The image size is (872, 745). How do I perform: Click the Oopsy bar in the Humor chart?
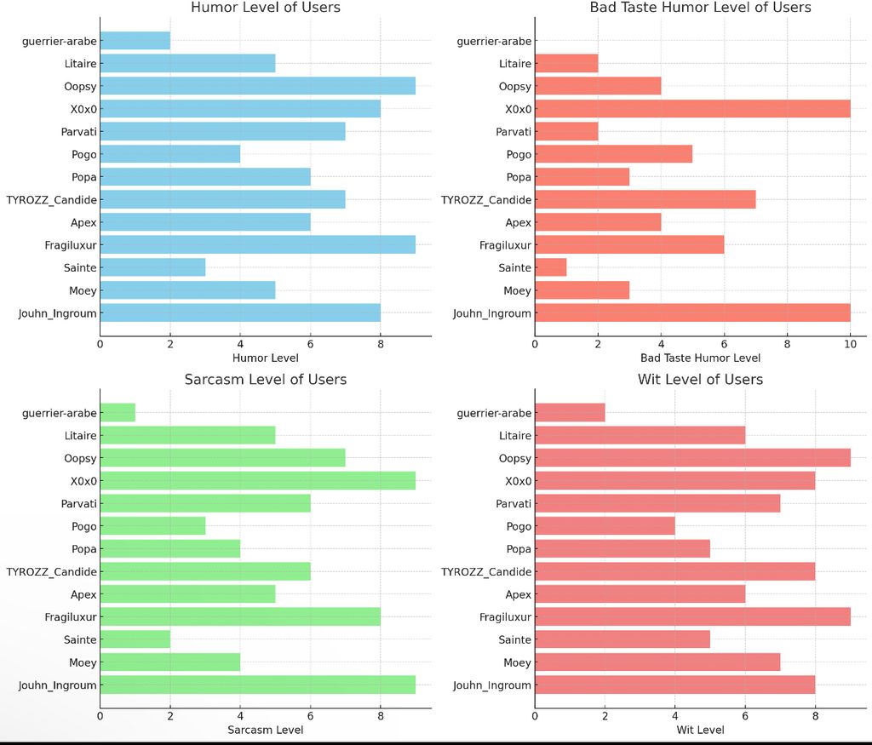click(x=257, y=86)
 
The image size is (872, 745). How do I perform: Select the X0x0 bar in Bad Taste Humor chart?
click(x=692, y=109)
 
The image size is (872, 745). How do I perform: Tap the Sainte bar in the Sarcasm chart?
click(x=135, y=639)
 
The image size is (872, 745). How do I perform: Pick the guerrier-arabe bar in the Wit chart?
click(x=570, y=413)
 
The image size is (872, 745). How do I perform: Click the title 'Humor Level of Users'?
click(x=266, y=8)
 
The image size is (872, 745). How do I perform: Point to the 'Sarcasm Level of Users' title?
click(x=266, y=380)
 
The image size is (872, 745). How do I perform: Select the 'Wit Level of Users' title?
click(x=700, y=380)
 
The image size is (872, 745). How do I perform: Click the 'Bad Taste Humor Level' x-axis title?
click(x=700, y=358)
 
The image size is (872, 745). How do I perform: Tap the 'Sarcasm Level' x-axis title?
click(x=266, y=730)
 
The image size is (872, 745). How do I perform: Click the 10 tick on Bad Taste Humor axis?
click(x=850, y=343)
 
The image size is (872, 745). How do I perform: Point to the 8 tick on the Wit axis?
click(x=815, y=715)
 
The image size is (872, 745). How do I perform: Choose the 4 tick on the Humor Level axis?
click(x=240, y=343)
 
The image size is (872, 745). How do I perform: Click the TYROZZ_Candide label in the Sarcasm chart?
click(x=51, y=572)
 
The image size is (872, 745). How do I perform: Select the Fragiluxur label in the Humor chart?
click(x=72, y=245)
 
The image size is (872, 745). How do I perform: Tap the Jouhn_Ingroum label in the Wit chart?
click(x=492, y=685)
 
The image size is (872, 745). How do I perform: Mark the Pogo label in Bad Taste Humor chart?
click(x=519, y=155)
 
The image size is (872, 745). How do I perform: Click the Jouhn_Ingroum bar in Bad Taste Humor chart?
click(x=692, y=313)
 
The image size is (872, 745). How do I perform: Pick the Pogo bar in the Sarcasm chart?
click(x=152, y=526)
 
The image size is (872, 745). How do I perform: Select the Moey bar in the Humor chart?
click(x=187, y=290)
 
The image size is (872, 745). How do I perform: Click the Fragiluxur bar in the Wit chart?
click(x=692, y=617)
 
